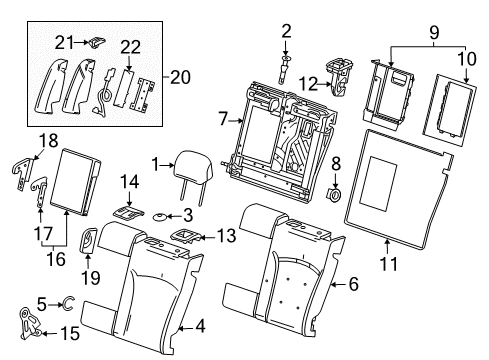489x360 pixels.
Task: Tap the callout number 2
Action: pyautogui.click(x=285, y=32)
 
